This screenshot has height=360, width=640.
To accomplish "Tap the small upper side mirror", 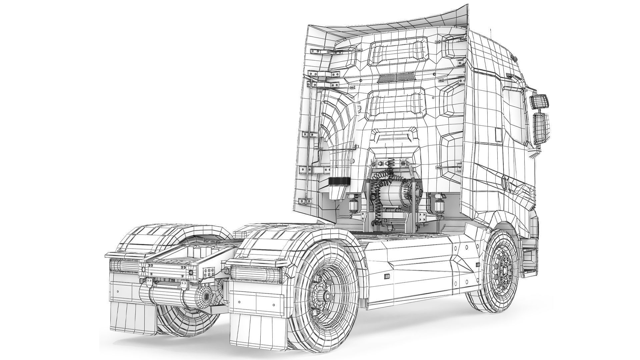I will [539, 101].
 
